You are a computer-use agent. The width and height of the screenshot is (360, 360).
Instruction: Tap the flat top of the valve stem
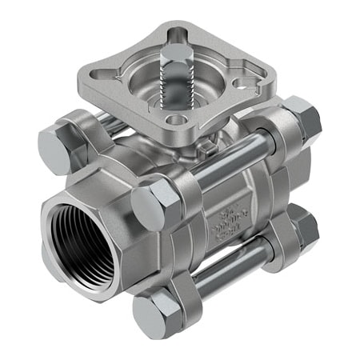point(178,50)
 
